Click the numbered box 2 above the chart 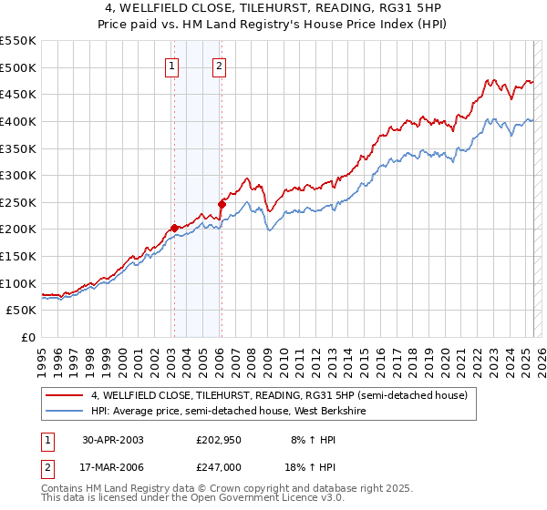(220, 65)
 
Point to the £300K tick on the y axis (18, 175)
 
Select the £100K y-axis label (18, 283)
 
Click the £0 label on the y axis (27, 337)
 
